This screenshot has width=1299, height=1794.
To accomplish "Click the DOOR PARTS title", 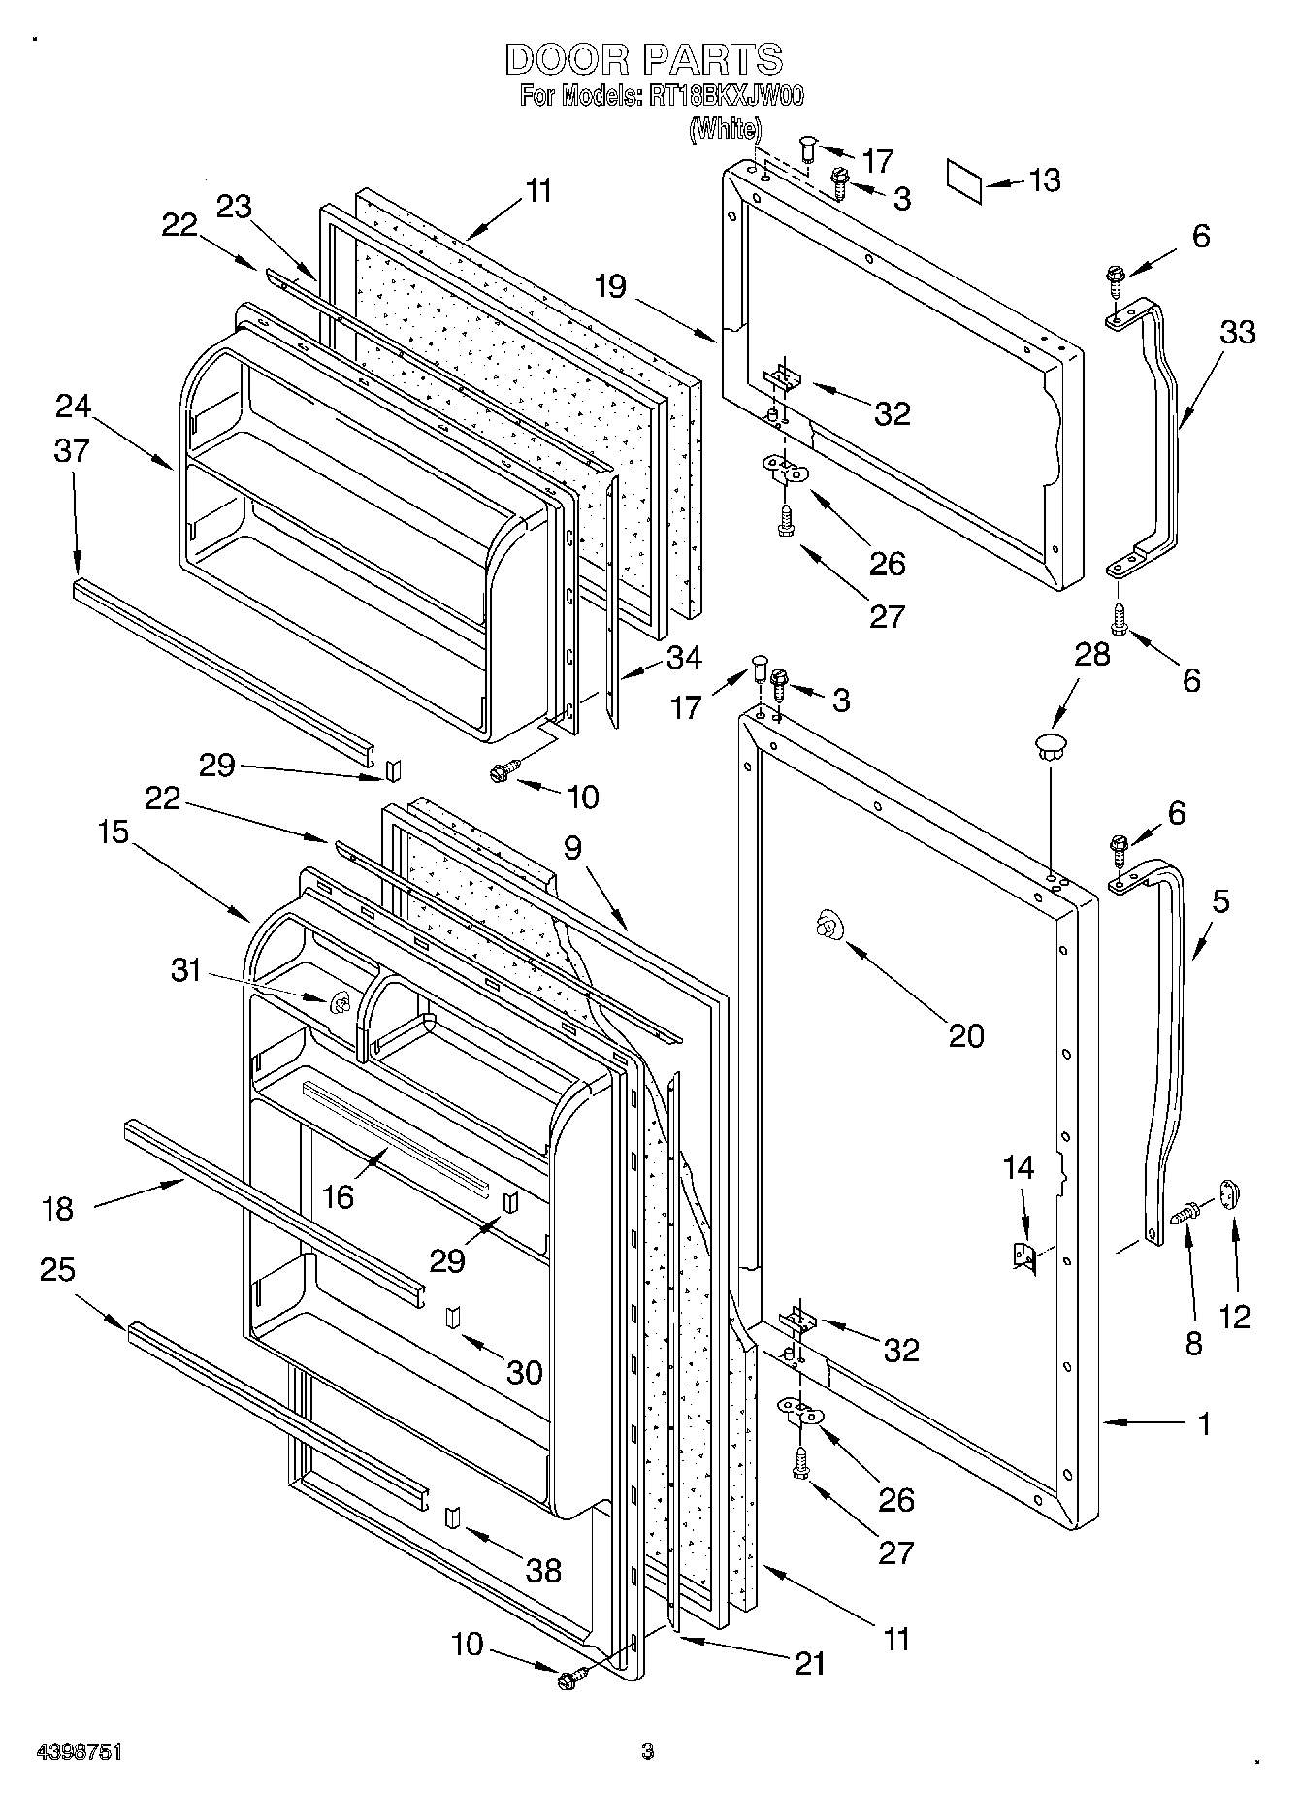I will pyautogui.click(x=643, y=60).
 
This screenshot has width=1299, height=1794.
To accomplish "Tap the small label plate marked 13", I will pyautogui.click(x=965, y=181).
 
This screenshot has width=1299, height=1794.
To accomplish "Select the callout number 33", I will pyautogui.click(x=1237, y=332).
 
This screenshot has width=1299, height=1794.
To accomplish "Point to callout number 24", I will pyautogui.click(x=73, y=406).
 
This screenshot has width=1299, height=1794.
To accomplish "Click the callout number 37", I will pyautogui.click(x=73, y=451).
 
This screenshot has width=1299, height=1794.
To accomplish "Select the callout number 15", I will pyautogui.click(x=114, y=832).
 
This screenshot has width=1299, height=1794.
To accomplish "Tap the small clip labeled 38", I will pyautogui.click(x=452, y=1518).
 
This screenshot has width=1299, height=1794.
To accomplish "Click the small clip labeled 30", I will pyautogui.click(x=452, y=1317).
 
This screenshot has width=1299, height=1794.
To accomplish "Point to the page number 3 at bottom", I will pyautogui.click(x=648, y=1751).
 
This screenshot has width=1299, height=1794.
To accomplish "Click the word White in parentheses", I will pyautogui.click(x=725, y=128).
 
